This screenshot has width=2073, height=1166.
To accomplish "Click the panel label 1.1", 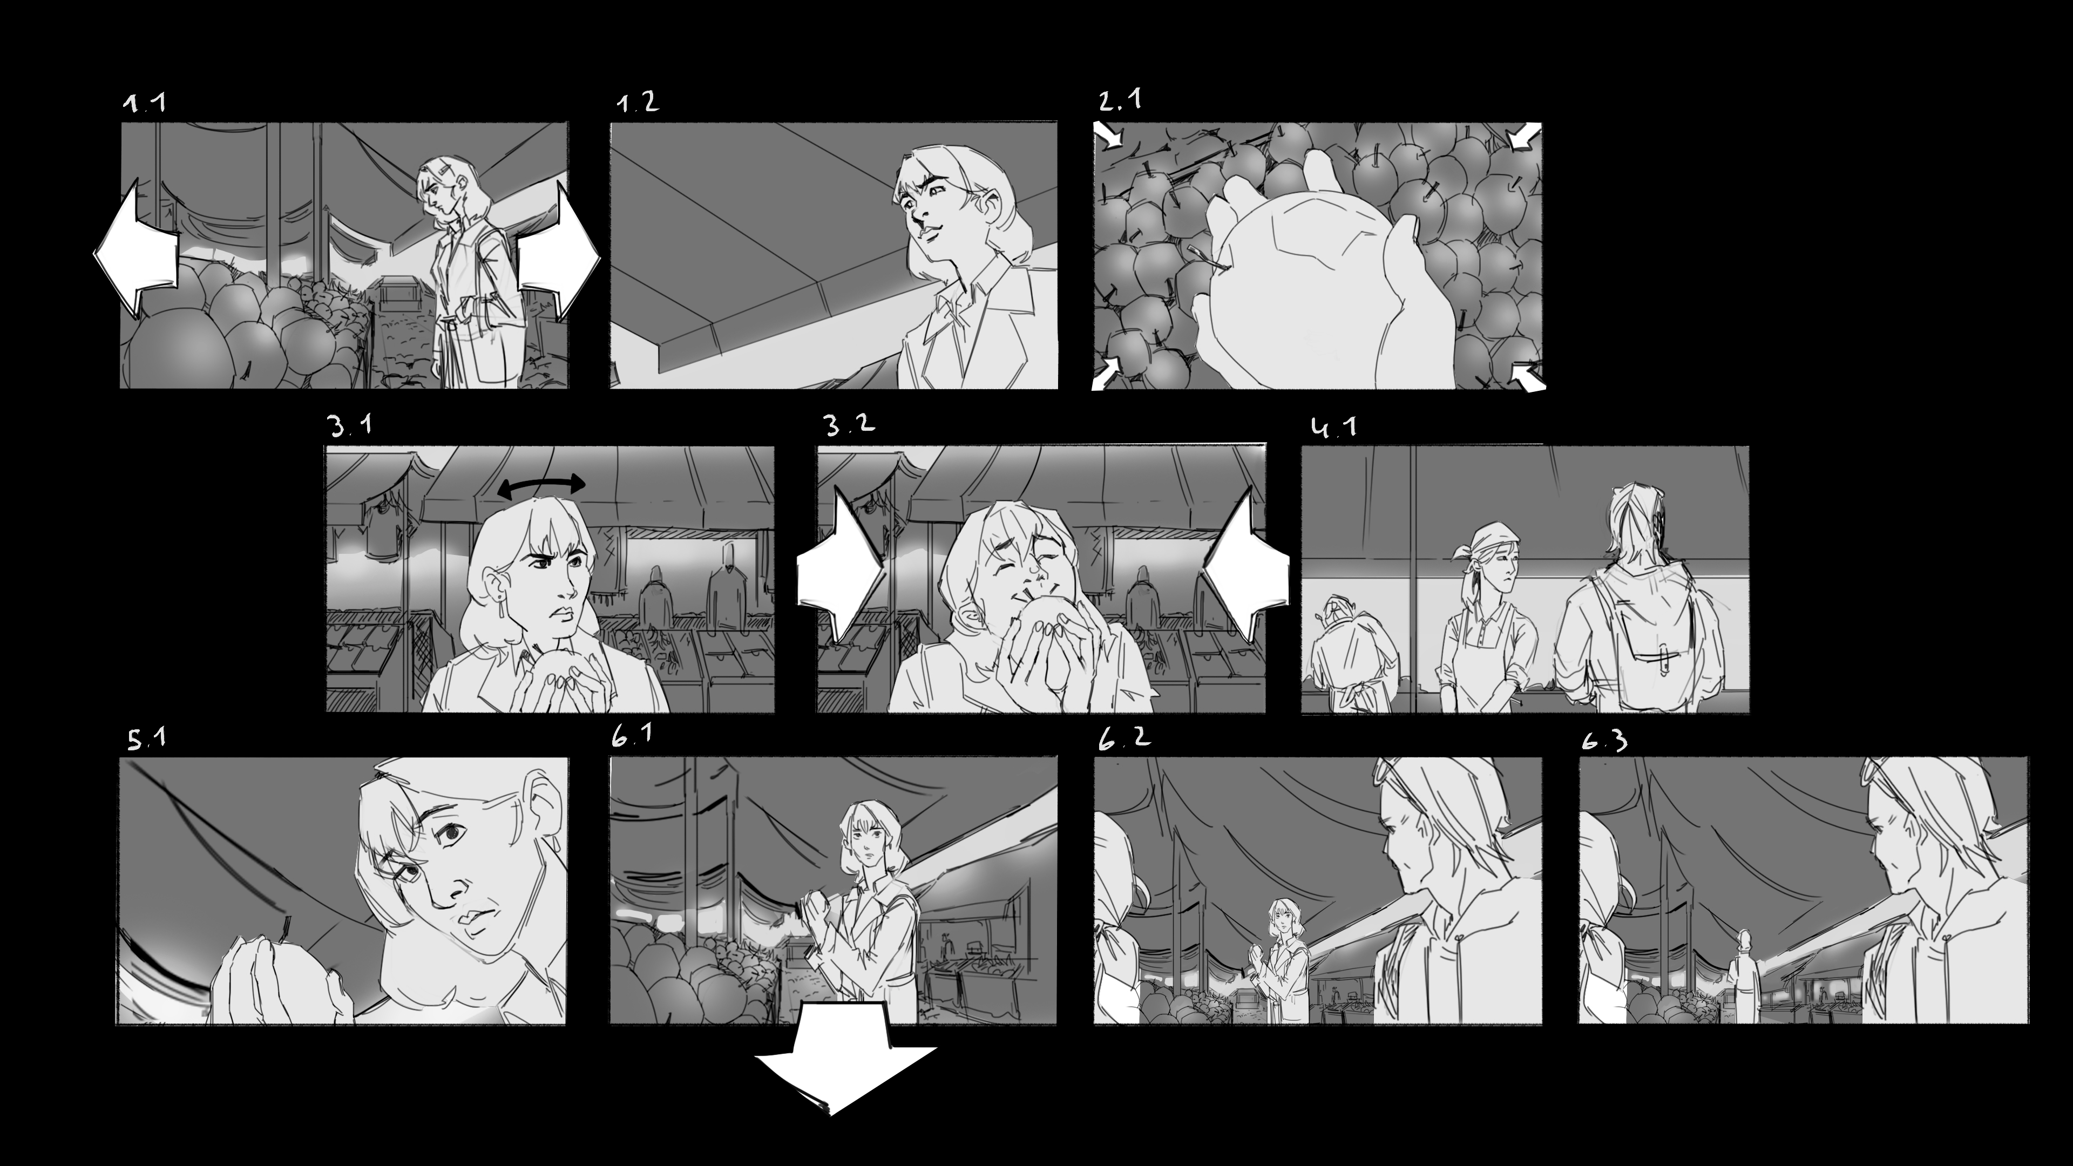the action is point(145,103).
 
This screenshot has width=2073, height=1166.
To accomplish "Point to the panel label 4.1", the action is point(1333,426).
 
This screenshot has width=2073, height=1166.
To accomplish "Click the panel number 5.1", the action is point(146,738).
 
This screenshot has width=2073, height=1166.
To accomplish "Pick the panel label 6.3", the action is point(1604,740).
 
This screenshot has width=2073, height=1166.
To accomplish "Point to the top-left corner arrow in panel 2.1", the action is point(1109,135).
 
